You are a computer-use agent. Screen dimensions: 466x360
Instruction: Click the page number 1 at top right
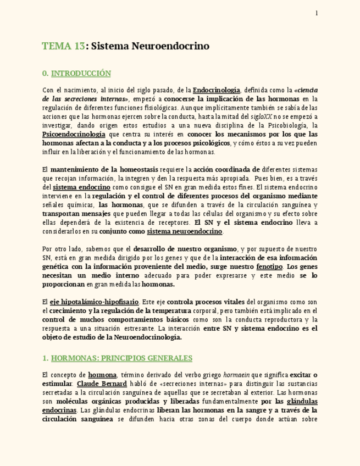coord(317,13)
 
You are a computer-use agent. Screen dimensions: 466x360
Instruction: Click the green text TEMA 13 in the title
coord(63,46)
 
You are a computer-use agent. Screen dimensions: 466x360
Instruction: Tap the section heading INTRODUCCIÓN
coord(81,73)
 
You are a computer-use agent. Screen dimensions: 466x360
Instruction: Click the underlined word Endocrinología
coord(217,90)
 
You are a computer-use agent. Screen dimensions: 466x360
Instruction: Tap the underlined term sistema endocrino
coord(81,187)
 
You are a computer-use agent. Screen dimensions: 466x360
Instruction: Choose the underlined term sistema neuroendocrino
coord(185,231)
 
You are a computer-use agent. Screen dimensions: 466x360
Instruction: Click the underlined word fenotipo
coord(269,267)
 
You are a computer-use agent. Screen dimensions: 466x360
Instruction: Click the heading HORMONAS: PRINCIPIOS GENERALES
coord(121,358)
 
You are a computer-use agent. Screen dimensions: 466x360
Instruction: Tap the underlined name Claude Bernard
coord(102,384)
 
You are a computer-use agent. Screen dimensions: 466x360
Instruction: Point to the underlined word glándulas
coord(302,402)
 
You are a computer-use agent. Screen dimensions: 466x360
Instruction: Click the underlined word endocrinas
coord(59,410)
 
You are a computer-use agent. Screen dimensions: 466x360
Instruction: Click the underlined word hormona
coord(102,375)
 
